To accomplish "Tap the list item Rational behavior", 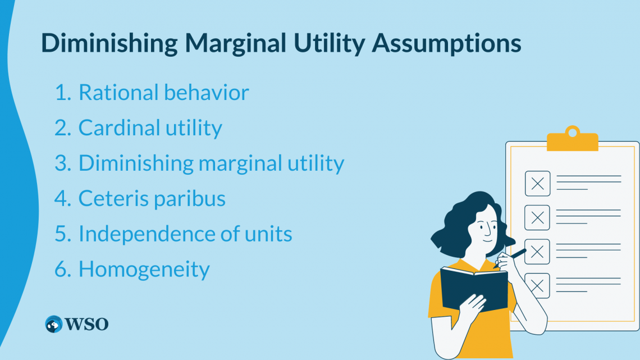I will click(x=163, y=93).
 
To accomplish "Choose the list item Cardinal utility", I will click(x=150, y=128).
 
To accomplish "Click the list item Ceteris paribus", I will click(x=152, y=199).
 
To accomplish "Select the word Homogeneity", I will click(x=144, y=270).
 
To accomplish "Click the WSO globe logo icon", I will click(x=54, y=324).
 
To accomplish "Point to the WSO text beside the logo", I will click(x=86, y=324).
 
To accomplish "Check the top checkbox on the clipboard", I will click(x=537, y=183).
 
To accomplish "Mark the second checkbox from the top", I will click(x=537, y=217).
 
